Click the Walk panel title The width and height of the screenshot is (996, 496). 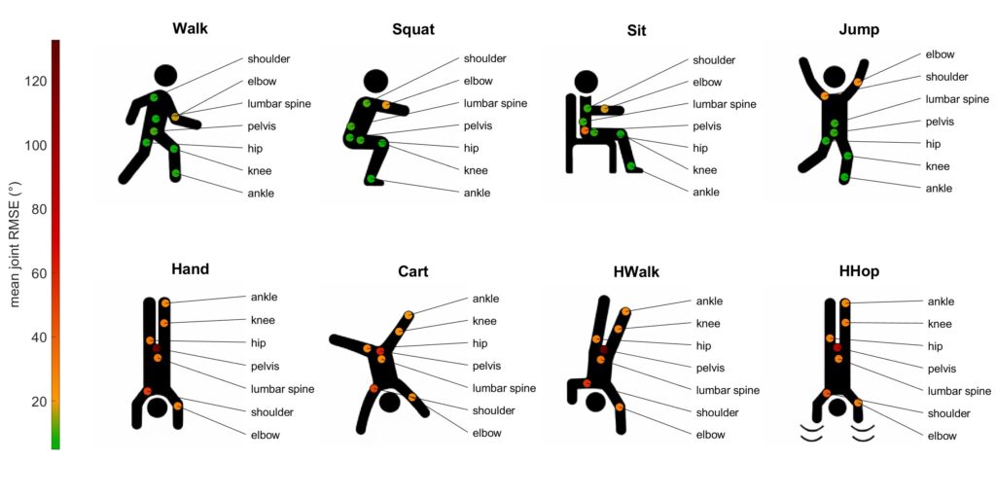click(x=190, y=28)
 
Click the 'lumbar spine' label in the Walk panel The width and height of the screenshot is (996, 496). click(x=279, y=103)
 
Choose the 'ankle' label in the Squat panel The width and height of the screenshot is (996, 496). click(x=477, y=194)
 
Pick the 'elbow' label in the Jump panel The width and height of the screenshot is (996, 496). click(x=939, y=54)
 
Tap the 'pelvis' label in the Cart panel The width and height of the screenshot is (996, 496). click(x=486, y=366)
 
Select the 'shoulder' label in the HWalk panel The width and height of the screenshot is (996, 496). click(x=718, y=412)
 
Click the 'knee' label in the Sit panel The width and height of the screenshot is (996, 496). click(x=704, y=170)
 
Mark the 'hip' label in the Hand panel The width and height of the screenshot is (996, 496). click(x=258, y=343)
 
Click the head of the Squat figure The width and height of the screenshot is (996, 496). click(x=375, y=81)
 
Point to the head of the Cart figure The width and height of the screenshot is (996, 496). click(x=389, y=403)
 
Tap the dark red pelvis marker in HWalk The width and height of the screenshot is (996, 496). click(x=603, y=350)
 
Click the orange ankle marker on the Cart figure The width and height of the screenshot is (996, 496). click(x=409, y=316)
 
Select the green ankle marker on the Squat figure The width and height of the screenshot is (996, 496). click(x=371, y=179)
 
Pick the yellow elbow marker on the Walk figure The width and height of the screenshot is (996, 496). click(x=175, y=117)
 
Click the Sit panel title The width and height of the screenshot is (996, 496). click(x=636, y=30)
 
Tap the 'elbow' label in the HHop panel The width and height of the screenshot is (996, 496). click(x=942, y=437)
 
